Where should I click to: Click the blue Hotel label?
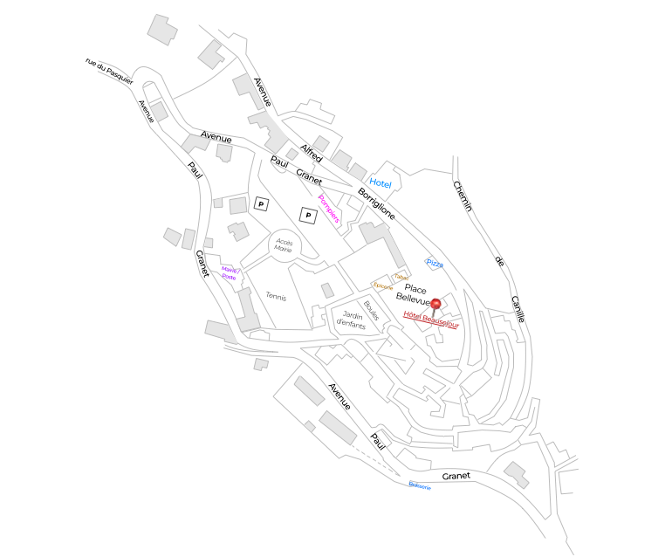pos(380,182)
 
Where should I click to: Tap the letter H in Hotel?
pos(373,180)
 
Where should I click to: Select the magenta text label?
pos(329,209)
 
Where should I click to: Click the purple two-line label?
pos(230,273)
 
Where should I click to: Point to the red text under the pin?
pos(430,320)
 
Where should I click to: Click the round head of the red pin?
pos(435,303)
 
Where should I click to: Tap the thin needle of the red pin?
pos(435,313)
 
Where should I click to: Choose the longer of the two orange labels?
pos(382,285)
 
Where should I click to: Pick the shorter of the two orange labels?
pos(402,278)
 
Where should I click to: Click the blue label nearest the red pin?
pos(434,263)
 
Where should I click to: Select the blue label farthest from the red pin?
pos(420,485)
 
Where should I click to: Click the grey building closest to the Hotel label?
pos(358,171)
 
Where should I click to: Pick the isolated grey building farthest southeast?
pos(517,474)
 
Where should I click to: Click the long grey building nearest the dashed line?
pos(337,428)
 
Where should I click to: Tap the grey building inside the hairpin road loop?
pos(159,111)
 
